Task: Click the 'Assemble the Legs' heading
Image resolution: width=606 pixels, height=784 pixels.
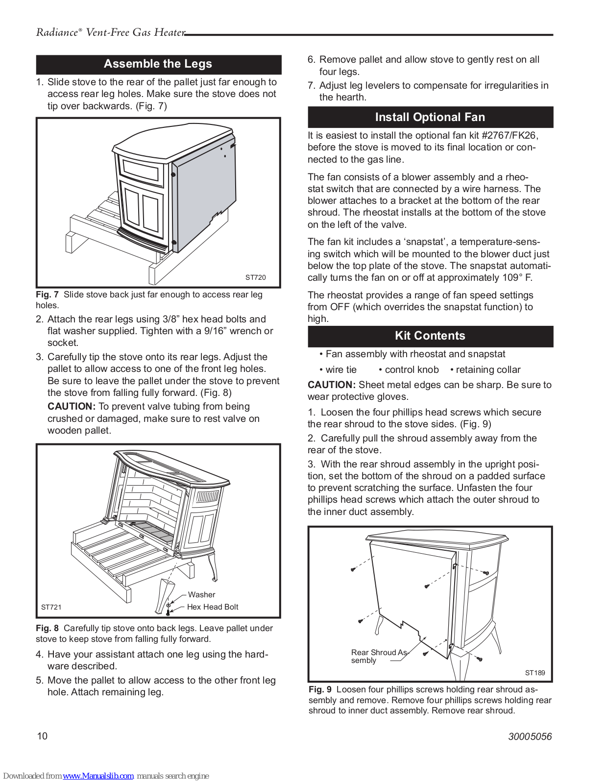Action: (x=158, y=64)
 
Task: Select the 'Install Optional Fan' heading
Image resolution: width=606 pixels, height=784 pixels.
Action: (x=430, y=118)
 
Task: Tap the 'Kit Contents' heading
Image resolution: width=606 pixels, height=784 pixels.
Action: (x=430, y=336)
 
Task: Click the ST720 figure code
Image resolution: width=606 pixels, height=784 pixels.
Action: (x=255, y=277)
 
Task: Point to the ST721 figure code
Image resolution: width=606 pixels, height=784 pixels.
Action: (x=51, y=607)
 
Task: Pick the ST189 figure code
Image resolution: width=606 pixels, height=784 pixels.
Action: (x=534, y=673)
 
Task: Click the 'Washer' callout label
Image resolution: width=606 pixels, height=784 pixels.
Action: (x=201, y=595)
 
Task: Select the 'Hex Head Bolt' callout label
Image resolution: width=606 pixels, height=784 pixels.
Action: (x=213, y=607)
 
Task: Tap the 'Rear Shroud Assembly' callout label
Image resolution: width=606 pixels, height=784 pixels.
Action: (x=378, y=656)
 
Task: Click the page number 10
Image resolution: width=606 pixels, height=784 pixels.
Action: (x=43, y=736)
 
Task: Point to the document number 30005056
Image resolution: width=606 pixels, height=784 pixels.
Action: (x=530, y=736)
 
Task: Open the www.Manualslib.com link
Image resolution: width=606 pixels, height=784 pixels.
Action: (x=98, y=776)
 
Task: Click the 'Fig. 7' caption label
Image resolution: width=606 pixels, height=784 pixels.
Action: (x=47, y=294)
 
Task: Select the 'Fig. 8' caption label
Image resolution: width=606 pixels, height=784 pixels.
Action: (x=47, y=628)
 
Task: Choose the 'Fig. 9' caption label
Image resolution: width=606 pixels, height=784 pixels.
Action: (x=320, y=689)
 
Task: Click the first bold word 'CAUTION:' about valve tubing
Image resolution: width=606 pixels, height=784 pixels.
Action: (x=71, y=407)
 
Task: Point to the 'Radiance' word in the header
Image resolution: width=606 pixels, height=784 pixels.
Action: (x=57, y=33)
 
